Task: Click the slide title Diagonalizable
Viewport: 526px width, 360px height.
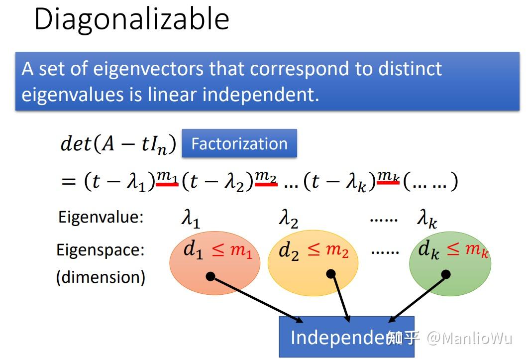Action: click(131, 19)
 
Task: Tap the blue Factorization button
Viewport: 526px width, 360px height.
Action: click(239, 143)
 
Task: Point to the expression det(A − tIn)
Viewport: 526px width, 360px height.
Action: click(118, 144)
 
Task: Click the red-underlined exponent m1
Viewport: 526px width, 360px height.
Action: click(167, 176)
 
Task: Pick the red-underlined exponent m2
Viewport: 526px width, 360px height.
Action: click(266, 176)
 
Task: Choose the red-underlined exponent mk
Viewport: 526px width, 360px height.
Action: click(388, 176)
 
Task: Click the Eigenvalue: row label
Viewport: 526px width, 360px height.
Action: click(101, 217)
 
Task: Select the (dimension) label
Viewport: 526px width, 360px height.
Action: click(101, 277)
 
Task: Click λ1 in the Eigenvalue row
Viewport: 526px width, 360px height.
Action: click(190, 219)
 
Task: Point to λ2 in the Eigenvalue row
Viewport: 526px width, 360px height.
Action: click(288, 219)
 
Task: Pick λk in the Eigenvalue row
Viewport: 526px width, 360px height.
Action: click(427, 219)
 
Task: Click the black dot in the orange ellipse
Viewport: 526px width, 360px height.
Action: click(210, 276)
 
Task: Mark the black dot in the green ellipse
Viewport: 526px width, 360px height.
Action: click(446, 274)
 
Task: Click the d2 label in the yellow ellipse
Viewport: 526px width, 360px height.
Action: click(289, 251)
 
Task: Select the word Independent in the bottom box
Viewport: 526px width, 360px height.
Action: click(338, 338)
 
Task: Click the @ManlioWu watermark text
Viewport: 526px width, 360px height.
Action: click(470, 338)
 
